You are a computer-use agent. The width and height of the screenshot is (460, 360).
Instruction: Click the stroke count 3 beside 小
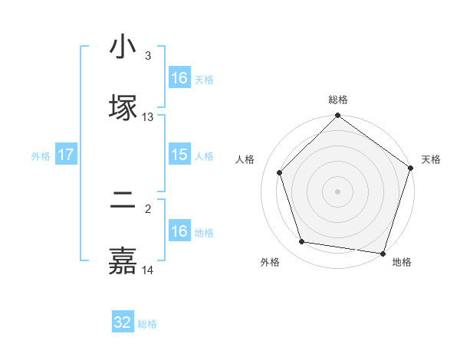(148, 56)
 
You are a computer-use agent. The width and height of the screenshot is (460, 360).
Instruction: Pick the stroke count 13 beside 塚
(148, 117)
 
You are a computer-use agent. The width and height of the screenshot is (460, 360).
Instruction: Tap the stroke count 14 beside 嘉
(148, 270)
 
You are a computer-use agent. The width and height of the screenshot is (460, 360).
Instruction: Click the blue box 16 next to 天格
(179, 78)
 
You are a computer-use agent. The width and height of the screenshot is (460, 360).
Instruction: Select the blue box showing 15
(179, 155)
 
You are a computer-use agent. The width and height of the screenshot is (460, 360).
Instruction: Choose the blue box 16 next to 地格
(179, 231)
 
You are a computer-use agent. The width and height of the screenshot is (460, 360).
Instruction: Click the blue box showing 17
(66, 155)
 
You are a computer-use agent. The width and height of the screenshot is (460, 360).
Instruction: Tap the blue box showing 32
(123, 322)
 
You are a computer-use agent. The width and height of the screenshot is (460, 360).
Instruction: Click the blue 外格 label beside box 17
(41, 155)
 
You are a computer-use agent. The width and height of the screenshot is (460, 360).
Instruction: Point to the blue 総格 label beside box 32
(147, 324)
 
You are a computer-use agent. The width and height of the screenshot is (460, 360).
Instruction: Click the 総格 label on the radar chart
(338, 100)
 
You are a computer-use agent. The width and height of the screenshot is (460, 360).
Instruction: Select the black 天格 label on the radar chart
(431, 159)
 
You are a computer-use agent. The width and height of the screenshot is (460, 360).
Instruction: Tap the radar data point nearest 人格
(280, 172)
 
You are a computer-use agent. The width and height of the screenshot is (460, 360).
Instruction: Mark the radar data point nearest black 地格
(382, 253)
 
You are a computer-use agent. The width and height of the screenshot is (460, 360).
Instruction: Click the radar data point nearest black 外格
(302, 242)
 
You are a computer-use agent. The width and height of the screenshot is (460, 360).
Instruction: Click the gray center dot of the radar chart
(338, 191)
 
